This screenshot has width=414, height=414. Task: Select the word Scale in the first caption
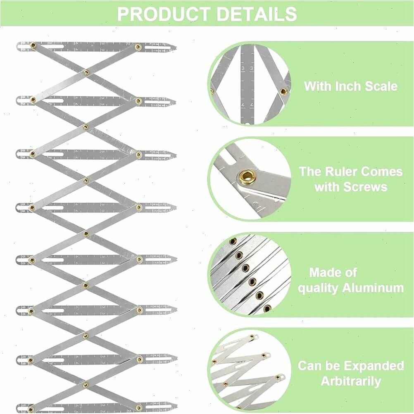[381, 86]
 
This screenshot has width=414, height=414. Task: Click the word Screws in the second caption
[366, 187]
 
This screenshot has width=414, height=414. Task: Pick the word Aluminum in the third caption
[373, 288]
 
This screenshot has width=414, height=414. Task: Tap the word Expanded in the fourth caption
[374, 366]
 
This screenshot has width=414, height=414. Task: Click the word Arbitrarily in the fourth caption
[351, 381]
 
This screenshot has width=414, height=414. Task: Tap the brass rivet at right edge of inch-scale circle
[283, 92]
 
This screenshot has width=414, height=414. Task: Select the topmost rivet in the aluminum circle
[233, 241]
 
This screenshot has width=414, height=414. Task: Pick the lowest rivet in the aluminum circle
[267, 308]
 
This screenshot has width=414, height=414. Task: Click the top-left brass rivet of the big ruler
[33, 45]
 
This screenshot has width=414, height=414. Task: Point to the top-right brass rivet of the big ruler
[137, 47]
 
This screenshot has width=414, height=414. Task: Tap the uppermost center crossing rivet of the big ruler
[86, 72]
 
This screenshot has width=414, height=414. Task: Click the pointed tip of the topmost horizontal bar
[176, 48]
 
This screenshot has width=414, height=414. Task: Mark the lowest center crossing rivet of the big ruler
[86, 384]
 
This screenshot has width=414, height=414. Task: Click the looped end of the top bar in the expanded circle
[255, 336]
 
